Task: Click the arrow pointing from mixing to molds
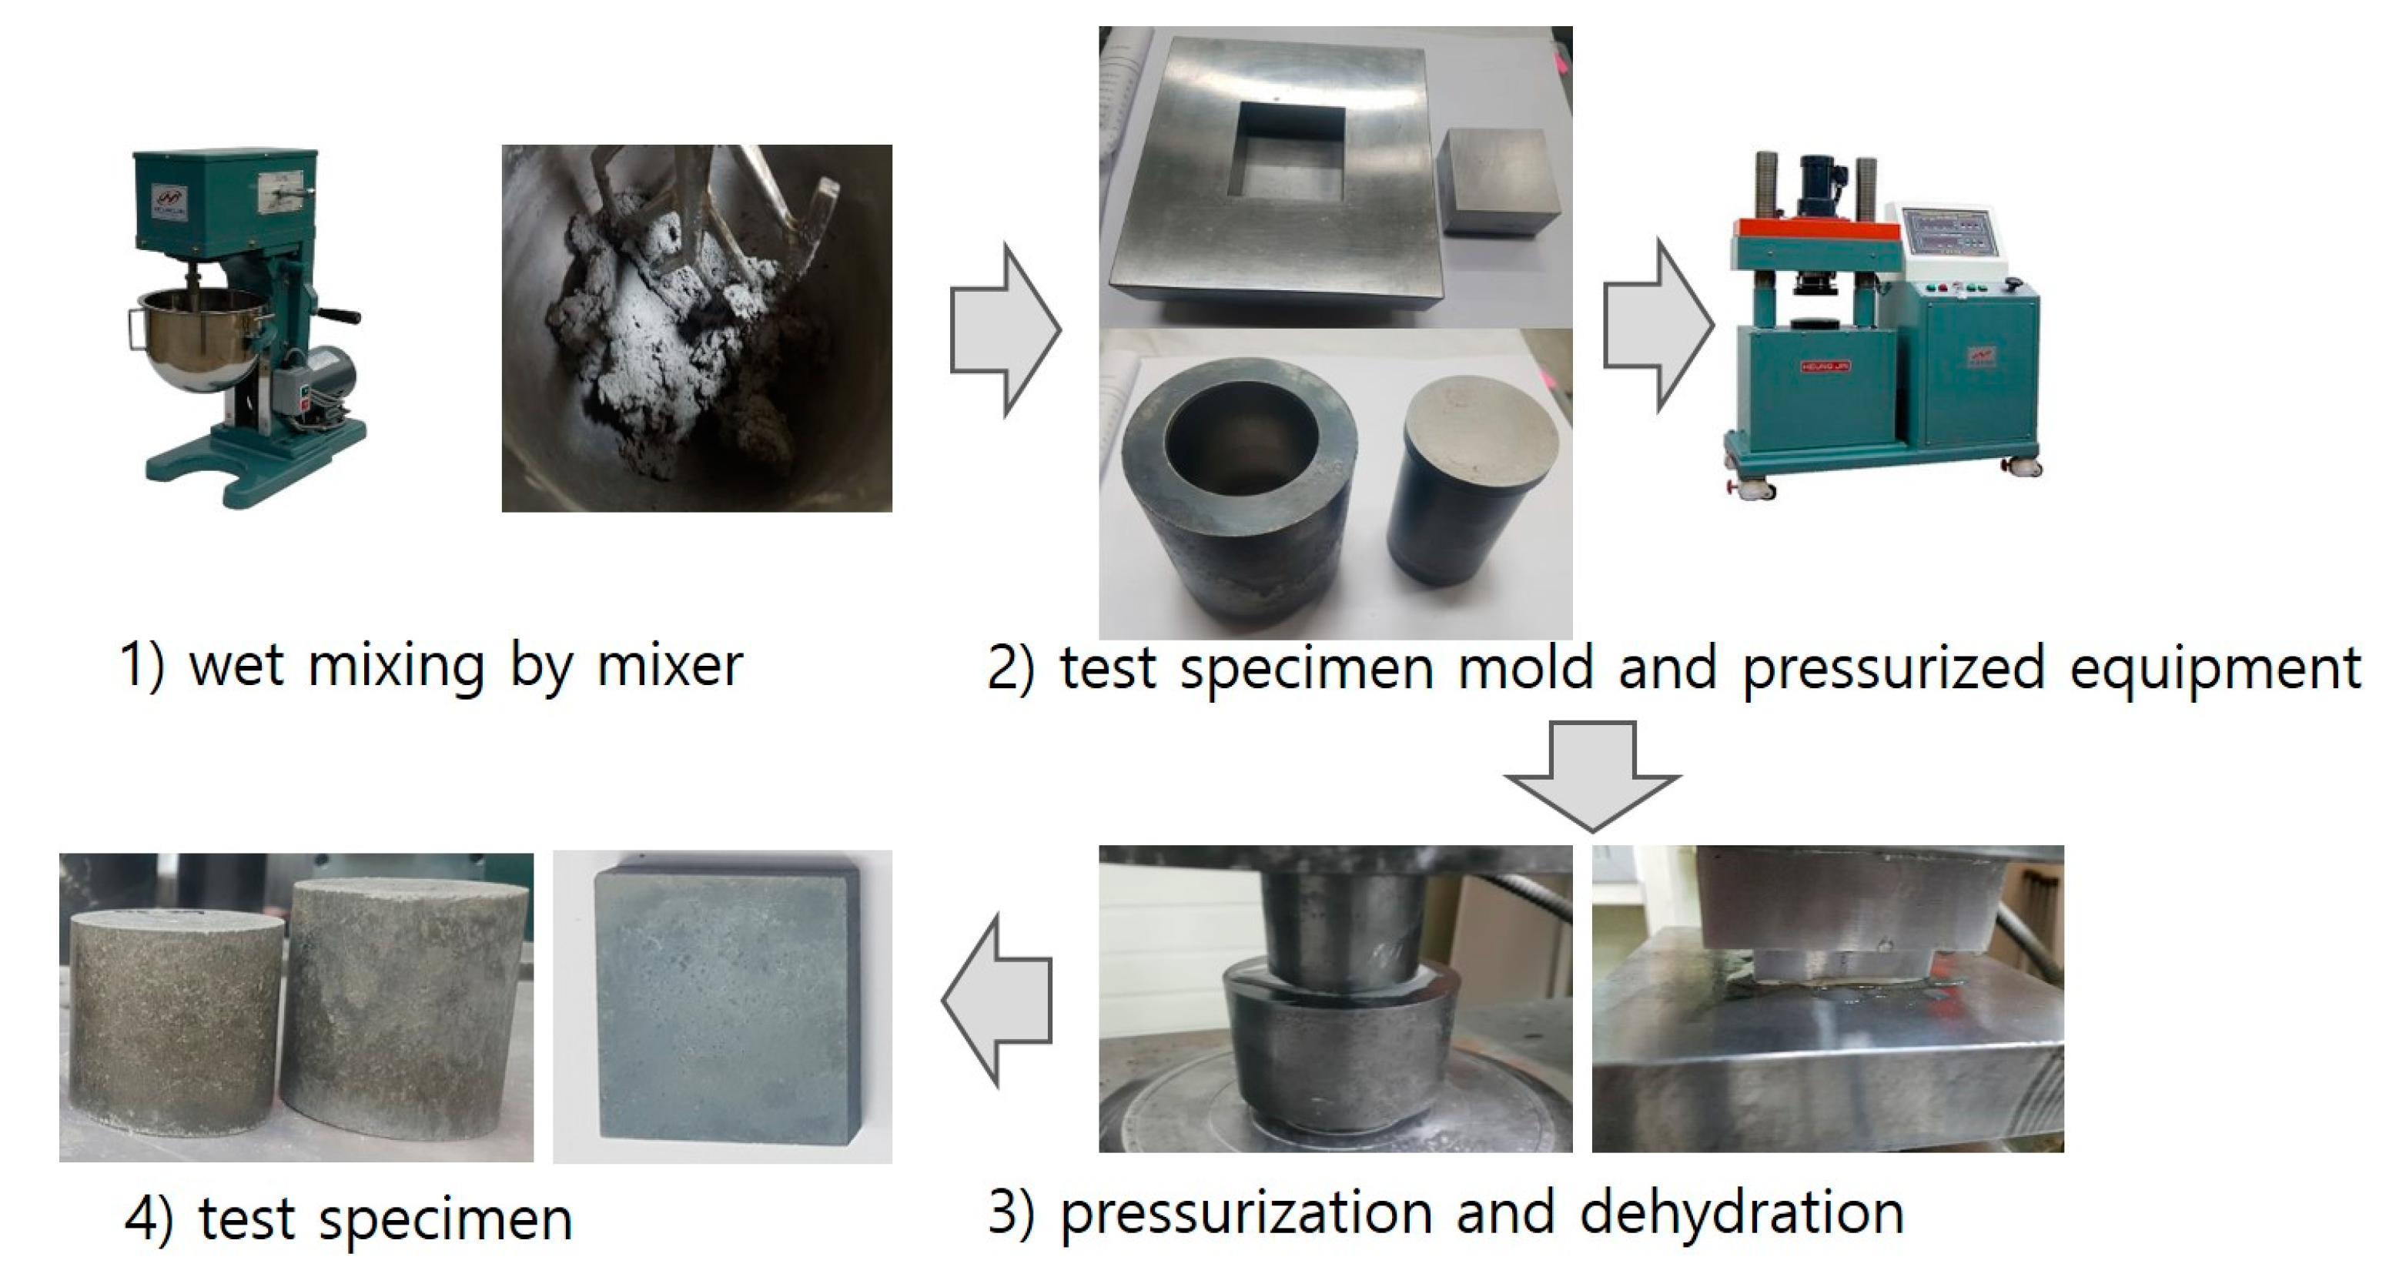(x=1005, y=329)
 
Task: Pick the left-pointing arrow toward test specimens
(x=997, y=1000)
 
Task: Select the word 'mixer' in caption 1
(x=670, y=665)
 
